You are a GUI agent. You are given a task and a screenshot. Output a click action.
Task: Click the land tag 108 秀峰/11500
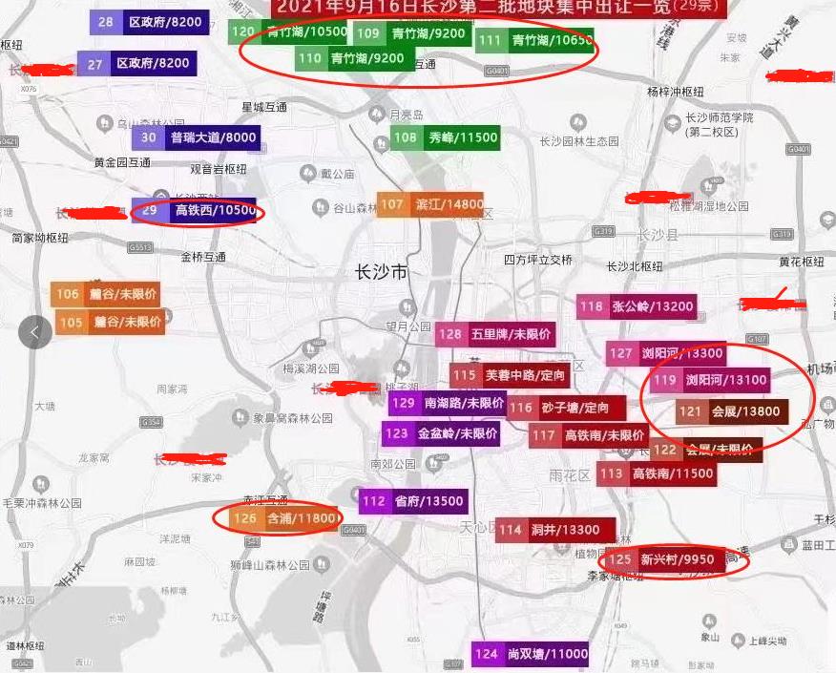445,137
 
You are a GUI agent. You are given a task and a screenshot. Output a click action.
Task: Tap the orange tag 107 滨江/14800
430,204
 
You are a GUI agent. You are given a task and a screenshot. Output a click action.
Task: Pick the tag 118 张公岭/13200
636,306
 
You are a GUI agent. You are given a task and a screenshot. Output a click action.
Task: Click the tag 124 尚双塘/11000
530,654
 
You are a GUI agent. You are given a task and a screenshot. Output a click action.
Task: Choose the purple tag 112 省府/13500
413,501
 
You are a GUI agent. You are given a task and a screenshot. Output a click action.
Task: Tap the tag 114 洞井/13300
554,530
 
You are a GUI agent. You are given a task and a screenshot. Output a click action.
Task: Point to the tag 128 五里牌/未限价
495,335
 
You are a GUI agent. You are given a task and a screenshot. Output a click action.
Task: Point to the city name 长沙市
380,273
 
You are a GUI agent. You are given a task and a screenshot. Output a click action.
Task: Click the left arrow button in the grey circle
35,332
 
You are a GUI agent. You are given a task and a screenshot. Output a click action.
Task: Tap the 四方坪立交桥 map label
538,260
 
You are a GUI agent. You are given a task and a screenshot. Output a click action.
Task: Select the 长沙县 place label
657,235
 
